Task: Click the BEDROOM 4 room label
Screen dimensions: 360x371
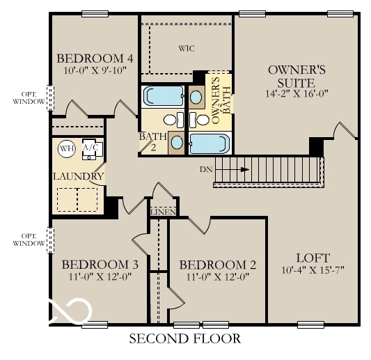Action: tap(94, 58)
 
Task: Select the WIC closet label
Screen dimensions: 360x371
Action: tap(185, 49)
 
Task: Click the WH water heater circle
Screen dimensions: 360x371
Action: tap(66, 148)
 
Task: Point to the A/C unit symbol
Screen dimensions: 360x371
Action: tap(91, 149)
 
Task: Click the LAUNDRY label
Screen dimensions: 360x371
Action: tap(78, 176)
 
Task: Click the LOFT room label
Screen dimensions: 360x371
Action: tap(313, 257)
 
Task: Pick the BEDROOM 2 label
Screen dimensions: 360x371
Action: tap(218, 265)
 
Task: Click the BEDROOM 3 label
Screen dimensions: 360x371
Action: tap(100, 265)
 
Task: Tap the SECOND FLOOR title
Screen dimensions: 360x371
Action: tap(185, 339)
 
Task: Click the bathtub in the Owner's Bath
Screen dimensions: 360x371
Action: tap(210, 143)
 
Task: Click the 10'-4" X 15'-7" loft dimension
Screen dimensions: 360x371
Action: tap(313, 269)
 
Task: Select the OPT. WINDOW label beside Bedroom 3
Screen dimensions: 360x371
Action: tap(29, 240)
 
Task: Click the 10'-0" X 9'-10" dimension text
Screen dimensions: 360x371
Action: tap(94, 70)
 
